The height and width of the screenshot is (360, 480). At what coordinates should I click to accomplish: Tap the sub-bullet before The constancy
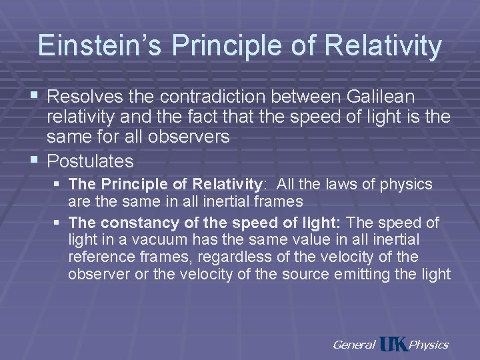(x=59, y=222)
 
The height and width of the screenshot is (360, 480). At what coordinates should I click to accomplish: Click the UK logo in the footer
(x=393, y=345)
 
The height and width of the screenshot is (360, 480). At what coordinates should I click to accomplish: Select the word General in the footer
(x=353, y=345)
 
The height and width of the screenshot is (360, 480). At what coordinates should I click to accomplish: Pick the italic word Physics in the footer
(x=428, y=345)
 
